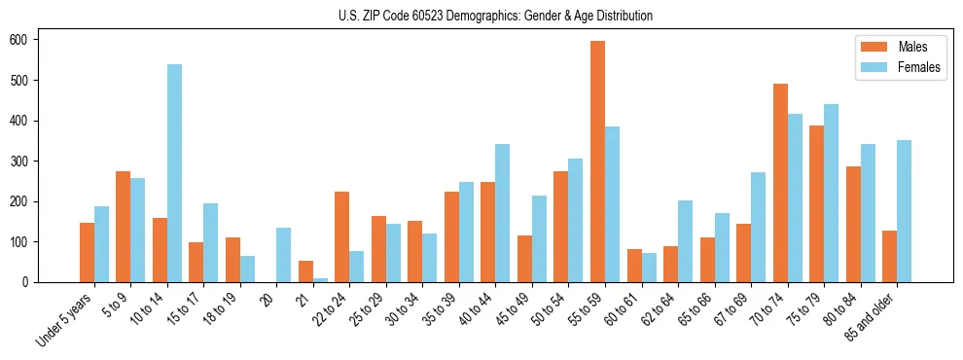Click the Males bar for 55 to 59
click(597, 162)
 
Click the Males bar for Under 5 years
click(87, 252)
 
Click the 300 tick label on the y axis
click(25, 162)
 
